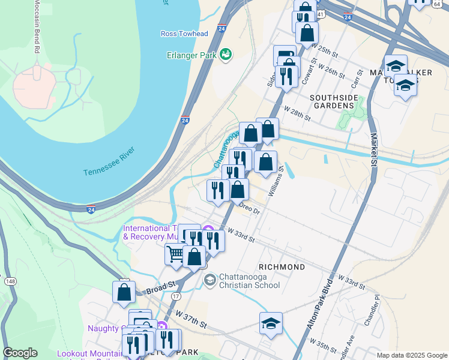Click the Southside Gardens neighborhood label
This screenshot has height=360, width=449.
point(332,101)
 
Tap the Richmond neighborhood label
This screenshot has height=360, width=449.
point(282,266)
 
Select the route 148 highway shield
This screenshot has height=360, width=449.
point(10,281)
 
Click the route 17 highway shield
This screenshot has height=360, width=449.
point(176,296)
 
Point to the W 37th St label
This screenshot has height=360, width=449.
point(191,319)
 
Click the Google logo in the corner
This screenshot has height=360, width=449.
point(20,353)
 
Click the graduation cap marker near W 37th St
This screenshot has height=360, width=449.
point(271,323)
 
